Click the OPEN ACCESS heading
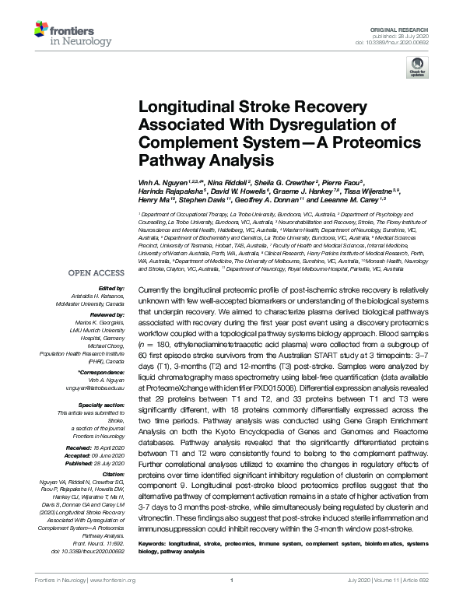coord(97,273)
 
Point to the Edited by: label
coord(115,288)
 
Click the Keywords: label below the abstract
coord(155,519)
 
